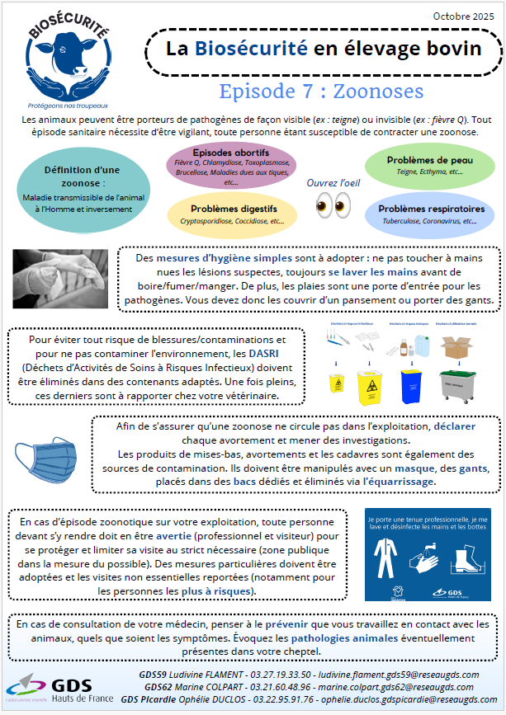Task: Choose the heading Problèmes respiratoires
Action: tap(432, 209)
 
